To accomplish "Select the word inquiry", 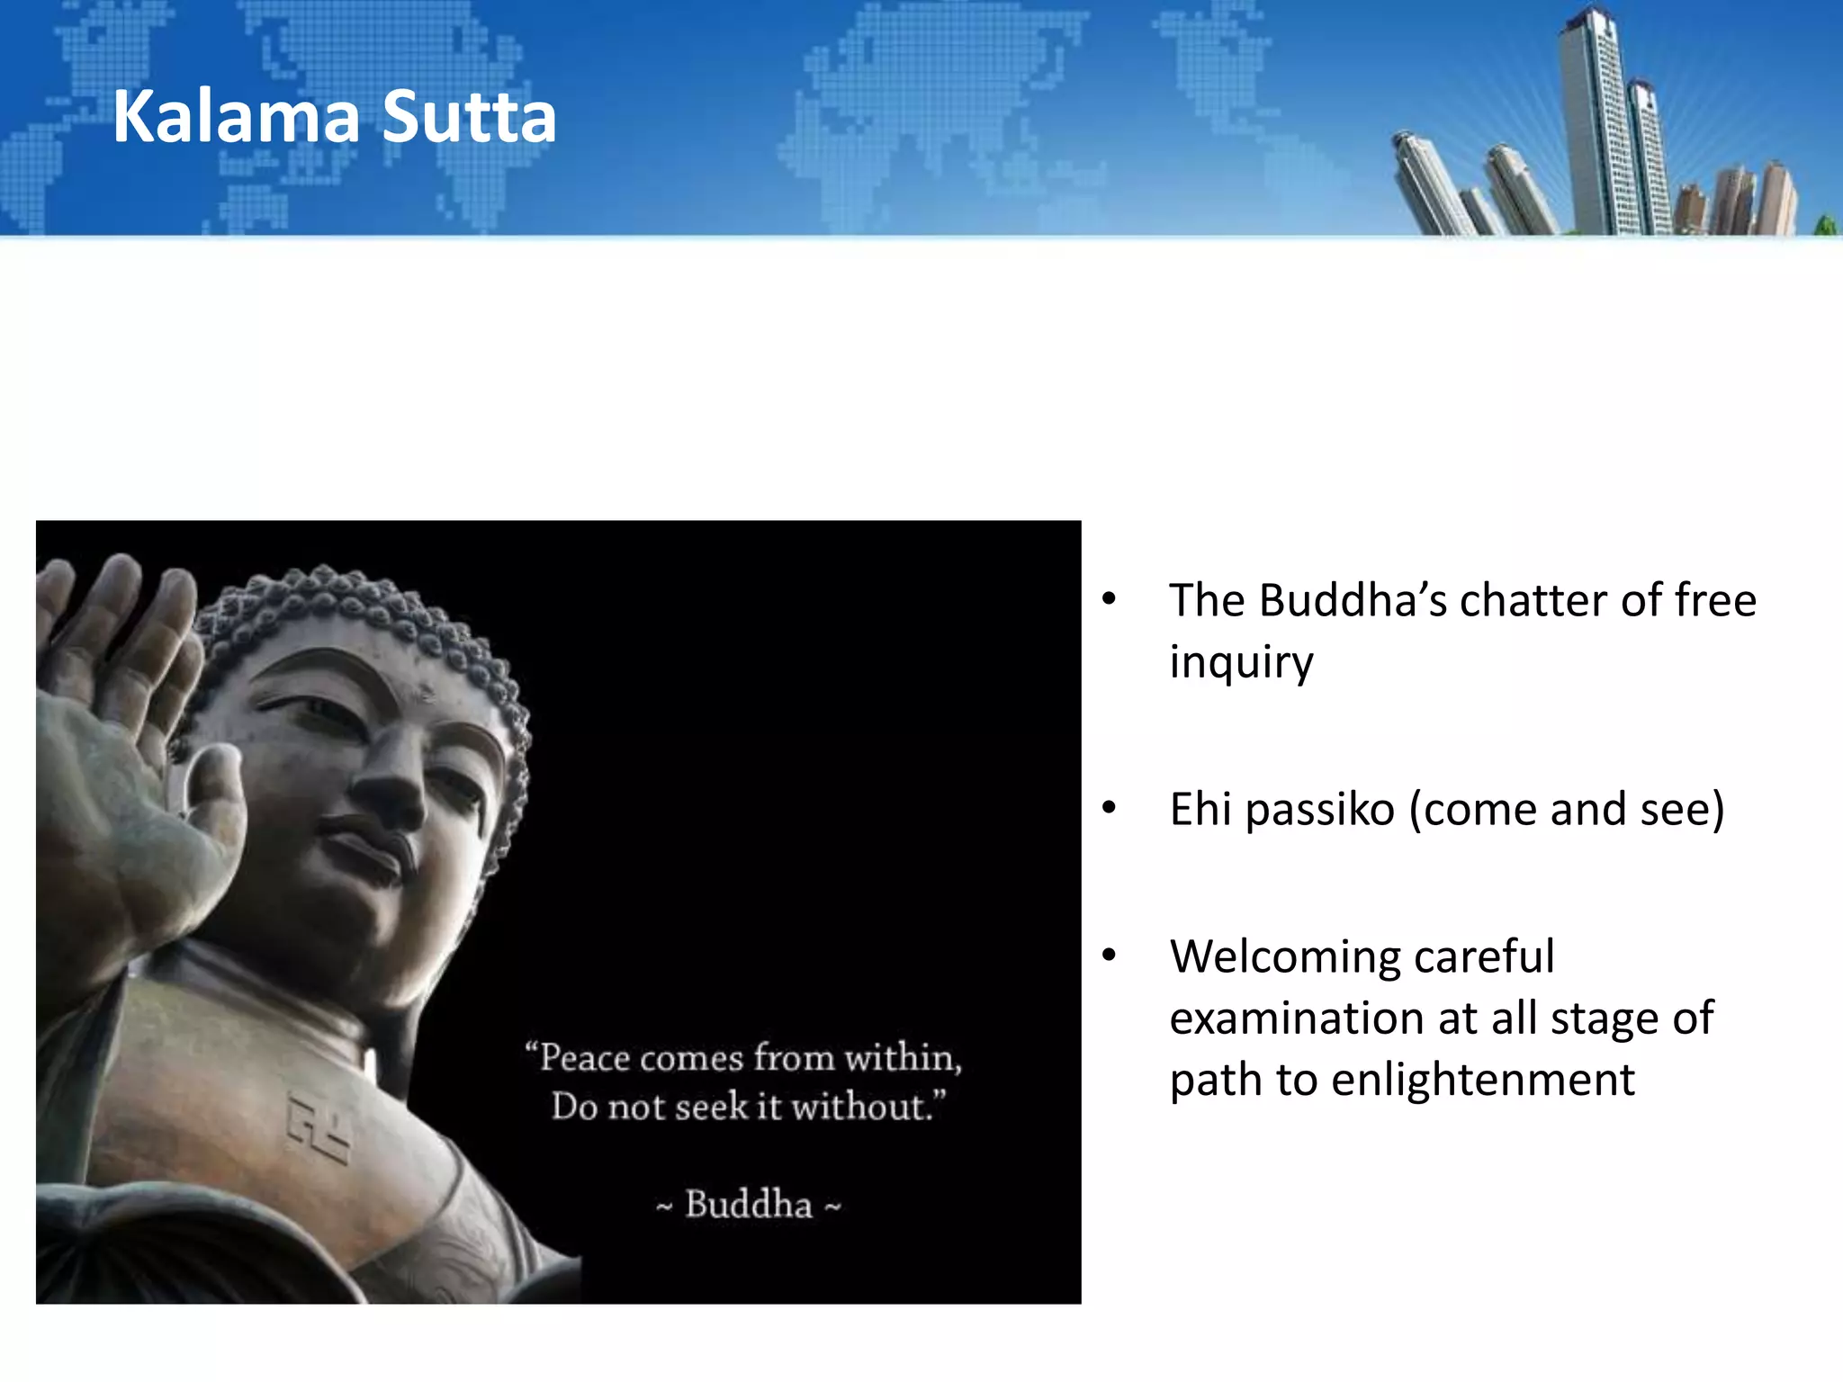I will [x=1241, y=663].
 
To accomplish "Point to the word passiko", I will [x=1320, y=809].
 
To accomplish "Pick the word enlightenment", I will [x=1482, y=1080].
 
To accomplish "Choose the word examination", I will [x=1296, y=1019].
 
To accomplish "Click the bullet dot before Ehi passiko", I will [x=1110, y=808].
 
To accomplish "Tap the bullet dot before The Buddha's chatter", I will [x=1110, y=599].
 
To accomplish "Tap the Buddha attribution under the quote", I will [x=749, y=1205].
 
